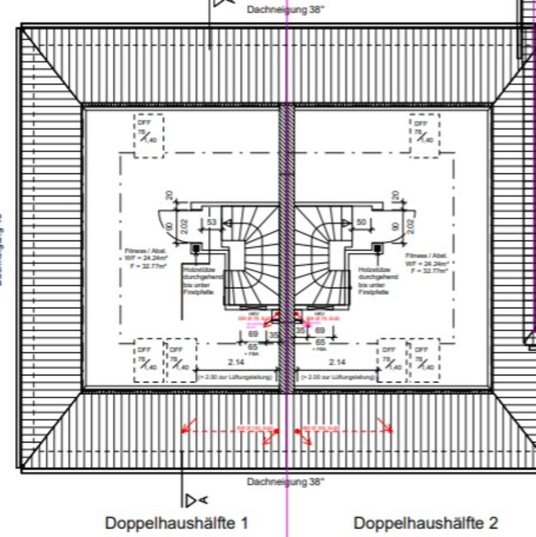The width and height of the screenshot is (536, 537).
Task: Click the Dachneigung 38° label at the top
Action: click(x=285, y=10)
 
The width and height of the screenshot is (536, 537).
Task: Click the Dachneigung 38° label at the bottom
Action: click(x=285, y=481)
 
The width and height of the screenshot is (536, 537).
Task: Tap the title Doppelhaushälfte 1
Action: click(x=176, y=524)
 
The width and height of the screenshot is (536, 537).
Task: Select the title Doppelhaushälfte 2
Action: click(x=426, y=524)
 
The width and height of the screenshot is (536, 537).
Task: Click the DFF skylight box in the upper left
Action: click(x=148, y=135)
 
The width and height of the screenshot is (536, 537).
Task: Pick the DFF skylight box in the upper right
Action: click(x=425, y=135)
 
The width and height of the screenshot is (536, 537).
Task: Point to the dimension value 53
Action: click(x=211, y=223)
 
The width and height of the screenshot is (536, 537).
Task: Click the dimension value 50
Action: click(x=361, y=223)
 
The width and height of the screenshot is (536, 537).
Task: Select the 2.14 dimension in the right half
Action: click(x=337, y=362)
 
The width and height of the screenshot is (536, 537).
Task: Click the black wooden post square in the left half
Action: click(x=197, y=248)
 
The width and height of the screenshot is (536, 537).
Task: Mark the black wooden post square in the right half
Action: click(x=377, y=248)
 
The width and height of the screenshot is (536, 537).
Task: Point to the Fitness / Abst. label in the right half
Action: click(x=427, y=262)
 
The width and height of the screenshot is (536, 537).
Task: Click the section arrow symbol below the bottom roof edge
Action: click(x=196, y=500)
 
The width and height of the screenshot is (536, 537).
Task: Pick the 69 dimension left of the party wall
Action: click(x=253, y=334)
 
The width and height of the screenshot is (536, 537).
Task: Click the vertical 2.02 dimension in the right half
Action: click(x=412, y=226)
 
